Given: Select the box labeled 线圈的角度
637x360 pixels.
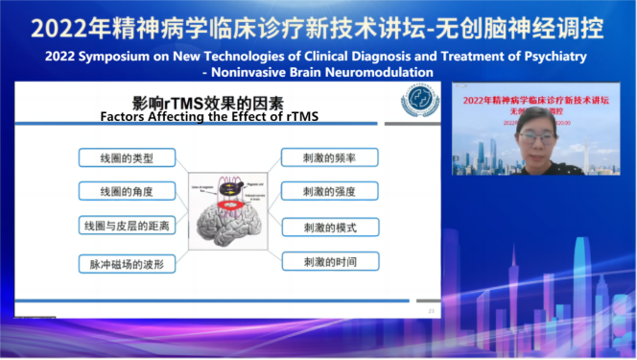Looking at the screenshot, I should coord(128,191).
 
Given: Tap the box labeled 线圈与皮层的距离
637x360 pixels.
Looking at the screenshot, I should coord(128,226).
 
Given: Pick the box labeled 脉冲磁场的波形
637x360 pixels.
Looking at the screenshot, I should coord(128,262).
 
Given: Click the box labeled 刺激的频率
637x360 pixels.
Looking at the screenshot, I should coord(329,156).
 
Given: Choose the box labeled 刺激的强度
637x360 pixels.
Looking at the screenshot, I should coord(329,191).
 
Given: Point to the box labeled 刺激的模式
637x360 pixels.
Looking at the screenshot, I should coord(329,227).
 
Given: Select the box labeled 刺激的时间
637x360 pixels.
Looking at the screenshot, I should coord(329,261).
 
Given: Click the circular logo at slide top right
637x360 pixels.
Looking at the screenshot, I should coord(419,100).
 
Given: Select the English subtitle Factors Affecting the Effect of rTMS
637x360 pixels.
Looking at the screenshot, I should coord(210,117).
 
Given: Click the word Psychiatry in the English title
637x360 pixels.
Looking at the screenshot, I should coord(548,57).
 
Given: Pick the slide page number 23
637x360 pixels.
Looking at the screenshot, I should coord(432,310).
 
